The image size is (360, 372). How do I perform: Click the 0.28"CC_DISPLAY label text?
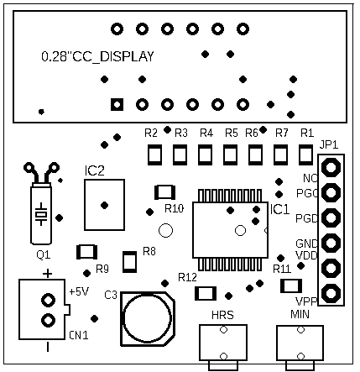[x=97, y=56]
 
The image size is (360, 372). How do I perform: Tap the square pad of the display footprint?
[x=117, y=105]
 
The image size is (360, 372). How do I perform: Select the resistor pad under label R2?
[x=154, y=155]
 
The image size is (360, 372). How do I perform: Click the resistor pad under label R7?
[x=280, y=155]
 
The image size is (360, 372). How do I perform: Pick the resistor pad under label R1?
[x=306, y=155]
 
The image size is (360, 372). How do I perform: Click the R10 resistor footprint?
[x=165, y=192]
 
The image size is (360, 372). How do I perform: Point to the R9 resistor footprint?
[x=86, y=252]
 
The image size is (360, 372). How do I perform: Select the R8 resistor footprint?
[x=130, y=262]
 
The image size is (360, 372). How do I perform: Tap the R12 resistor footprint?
[x=206, y=294]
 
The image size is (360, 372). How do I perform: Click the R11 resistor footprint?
[x=291, y=286]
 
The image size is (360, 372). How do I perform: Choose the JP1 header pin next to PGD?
[x=331, y=217]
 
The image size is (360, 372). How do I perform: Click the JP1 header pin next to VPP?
[x=331, y=293]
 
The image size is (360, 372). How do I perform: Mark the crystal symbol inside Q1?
[x=41, y=214]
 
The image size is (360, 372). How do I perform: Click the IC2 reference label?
[x=94, y=170]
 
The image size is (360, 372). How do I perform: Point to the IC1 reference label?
[x=279, y=209]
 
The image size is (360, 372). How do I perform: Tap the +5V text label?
[x=79, y=291]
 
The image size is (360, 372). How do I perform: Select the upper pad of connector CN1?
[x=48, y=300]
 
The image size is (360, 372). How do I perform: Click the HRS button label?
[x=222, y=315]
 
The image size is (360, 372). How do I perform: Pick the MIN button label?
[x=300, y=314]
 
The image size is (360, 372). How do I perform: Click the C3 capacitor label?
[x=111, y=295]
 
